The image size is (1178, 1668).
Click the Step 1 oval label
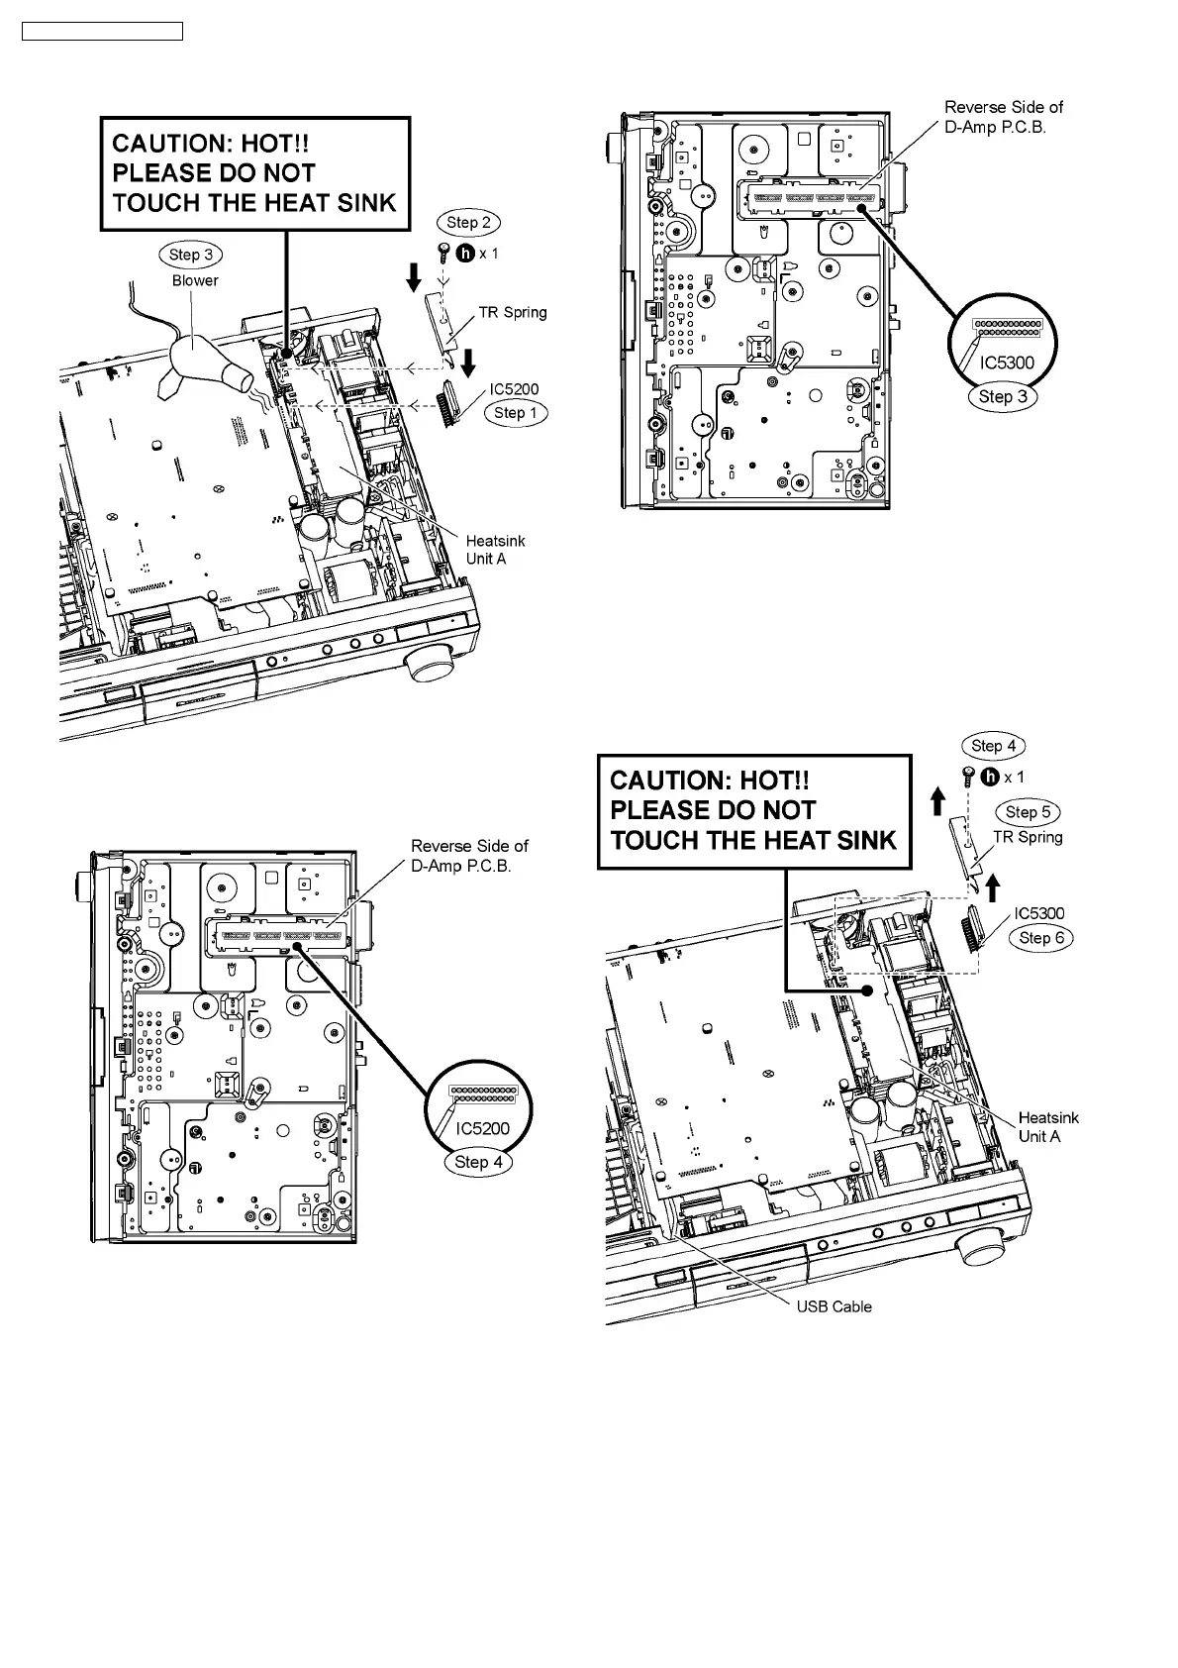click(x=515, y=412)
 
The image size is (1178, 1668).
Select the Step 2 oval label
click(x=468, y=223)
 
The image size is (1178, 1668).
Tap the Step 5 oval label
click(x=1027, y=812)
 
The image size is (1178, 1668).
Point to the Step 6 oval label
click(x=1040, y=938)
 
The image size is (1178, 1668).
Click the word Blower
click(x=195, y=280)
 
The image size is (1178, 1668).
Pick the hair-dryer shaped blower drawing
click(x=208, y=364)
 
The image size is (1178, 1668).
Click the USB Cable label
click(x=834, y=1306)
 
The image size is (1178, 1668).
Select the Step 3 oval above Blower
click(x=190, y=255)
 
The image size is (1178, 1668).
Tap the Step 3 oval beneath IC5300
click(x=1003, y=397)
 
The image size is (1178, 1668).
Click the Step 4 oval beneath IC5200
click(x=479, y=1162)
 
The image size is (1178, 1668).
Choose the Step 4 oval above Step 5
click(x=993, y=746)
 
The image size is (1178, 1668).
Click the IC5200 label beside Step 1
click(x=514, y=389)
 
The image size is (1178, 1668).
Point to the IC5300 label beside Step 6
click(x=1038, y=913)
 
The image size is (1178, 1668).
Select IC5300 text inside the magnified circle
click(x=1007, y=363)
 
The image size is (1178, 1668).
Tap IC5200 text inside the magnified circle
click(x=482, y=1128)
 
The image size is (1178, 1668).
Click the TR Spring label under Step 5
click(x=1028, y=837)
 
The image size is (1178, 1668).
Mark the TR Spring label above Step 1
click(x=512, y=312)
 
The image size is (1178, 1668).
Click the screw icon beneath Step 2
click(x=444, y=254)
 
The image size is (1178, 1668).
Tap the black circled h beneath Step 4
click(x=989, y=778)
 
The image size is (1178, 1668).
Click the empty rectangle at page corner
click(x=102, y=32)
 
